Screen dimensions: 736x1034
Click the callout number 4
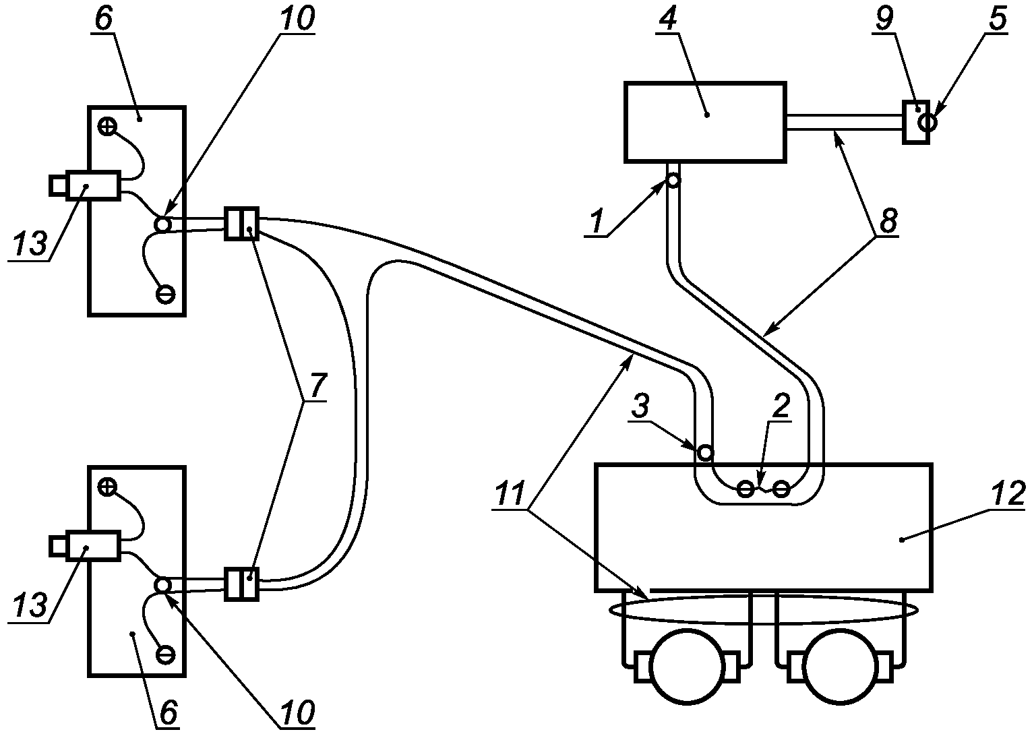(x=665, y=21)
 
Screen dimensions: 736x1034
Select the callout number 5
(x=998, y=20)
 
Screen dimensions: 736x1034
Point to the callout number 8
(x=888, y=222)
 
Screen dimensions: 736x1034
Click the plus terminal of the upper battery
(x=107, y=126)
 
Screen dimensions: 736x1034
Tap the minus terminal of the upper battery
(x=165, y=294)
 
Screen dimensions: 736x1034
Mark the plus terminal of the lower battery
(x=107, y=487)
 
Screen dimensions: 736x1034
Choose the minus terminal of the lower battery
(x=165, y=654)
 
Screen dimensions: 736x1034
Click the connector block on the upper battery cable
(x=241, y=223)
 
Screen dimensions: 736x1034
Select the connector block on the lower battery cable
(x=241, y=584)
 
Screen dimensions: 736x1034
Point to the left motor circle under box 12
(x=687, y=665)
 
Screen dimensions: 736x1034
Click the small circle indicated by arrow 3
(x=704, y=452)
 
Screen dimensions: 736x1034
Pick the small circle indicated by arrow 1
(x=673, y=181)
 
